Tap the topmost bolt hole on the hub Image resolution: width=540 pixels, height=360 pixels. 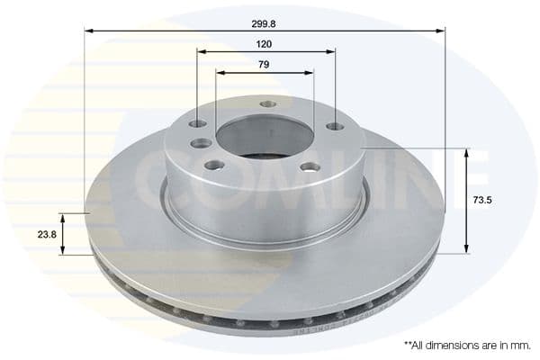click(x=267, y=103)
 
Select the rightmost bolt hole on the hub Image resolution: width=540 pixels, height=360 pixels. click(x=334, y=126)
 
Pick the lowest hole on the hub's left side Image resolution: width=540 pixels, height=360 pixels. click(x=214, y=165)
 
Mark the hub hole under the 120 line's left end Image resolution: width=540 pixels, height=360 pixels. click(x=197, y=123)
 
